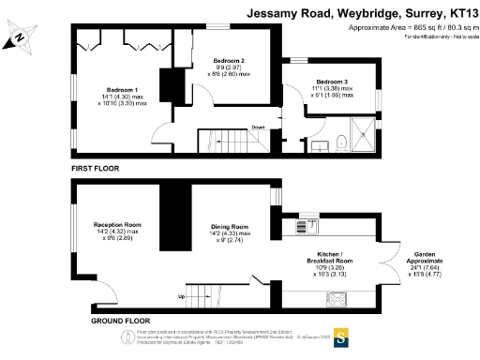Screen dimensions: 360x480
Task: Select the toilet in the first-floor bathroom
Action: pos(341,142)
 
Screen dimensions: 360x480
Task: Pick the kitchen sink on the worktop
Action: pos(303,226)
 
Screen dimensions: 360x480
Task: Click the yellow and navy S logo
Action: pos(341,336)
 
